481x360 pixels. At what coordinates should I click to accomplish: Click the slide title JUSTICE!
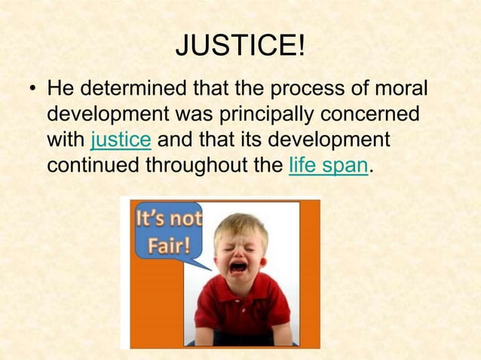240,49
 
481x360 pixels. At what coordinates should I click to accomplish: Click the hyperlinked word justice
121,141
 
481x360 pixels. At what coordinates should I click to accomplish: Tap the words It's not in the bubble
168,221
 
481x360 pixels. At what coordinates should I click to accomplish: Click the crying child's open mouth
238,266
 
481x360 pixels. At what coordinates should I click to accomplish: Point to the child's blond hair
240,224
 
